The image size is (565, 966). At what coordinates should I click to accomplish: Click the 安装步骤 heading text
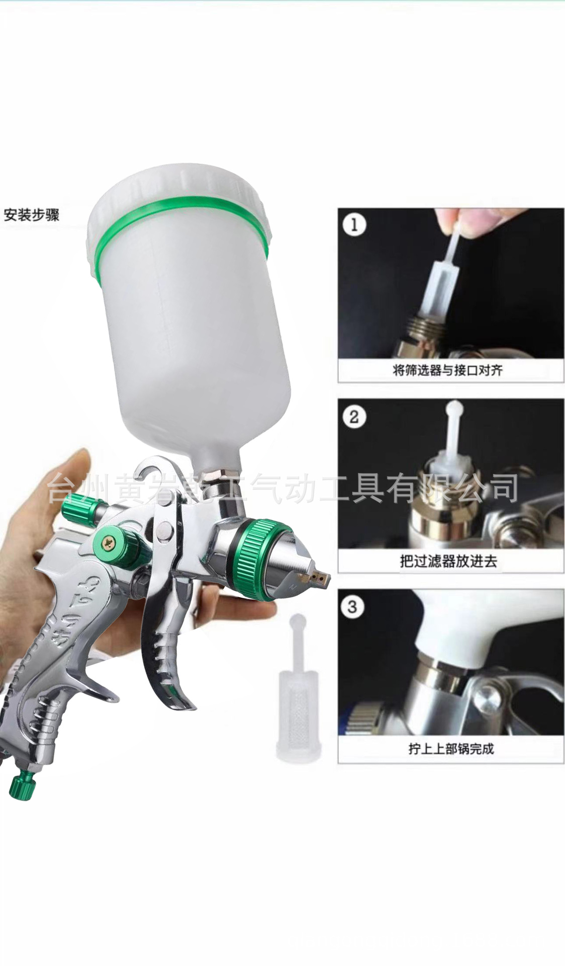tap(32, 215)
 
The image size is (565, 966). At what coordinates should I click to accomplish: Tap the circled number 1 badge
tap(354, 224)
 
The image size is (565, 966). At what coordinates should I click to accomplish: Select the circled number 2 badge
tap(354, 417)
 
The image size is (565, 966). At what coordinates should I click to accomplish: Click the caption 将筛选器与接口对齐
tap(447, 371)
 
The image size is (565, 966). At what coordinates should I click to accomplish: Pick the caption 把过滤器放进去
tap(448, 561)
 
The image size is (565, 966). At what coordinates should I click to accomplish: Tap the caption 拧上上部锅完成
tap(451, 749)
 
